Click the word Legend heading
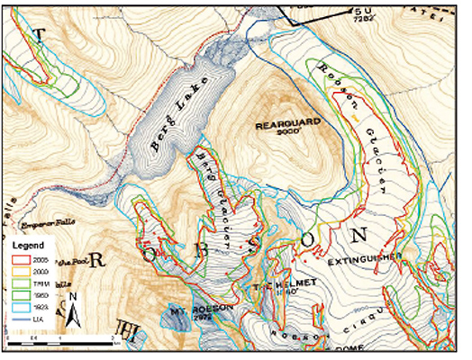(x=29, y=244)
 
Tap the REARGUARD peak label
(x=279, y=125)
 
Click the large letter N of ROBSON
(x=359, y=236)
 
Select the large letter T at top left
(x=38, y=35)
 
